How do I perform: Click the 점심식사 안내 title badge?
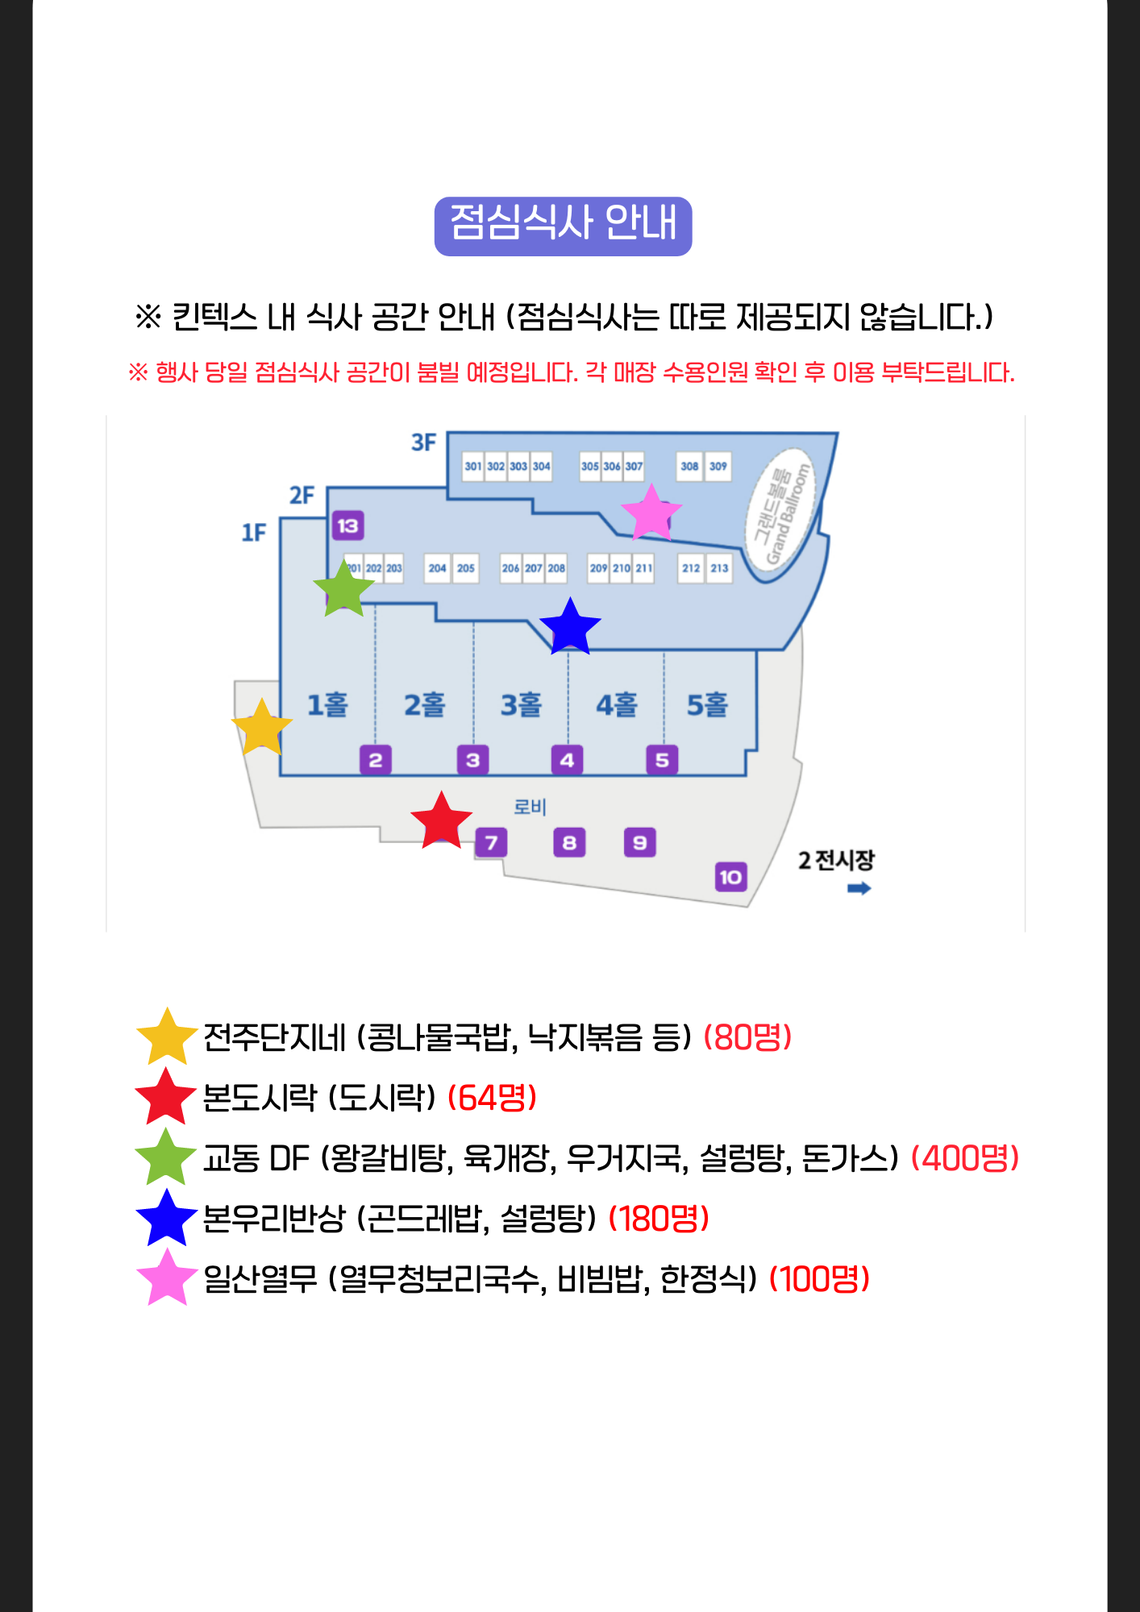563,226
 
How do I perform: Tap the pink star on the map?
651,513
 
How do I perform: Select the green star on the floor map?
344,589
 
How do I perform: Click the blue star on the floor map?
570,627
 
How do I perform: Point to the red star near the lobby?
441,821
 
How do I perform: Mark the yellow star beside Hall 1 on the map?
262,727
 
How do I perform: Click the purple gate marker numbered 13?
347,526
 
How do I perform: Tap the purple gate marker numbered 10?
730,877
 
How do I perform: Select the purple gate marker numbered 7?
491,843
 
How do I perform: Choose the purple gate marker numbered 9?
640,843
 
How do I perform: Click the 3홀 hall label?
521,705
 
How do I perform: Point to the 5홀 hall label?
707,705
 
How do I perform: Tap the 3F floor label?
423,442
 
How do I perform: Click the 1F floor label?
254,533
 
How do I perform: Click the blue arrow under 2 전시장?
859,888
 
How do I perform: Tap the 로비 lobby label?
530,807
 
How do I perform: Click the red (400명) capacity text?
965,1158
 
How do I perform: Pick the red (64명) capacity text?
493,1098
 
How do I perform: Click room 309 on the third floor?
718,466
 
